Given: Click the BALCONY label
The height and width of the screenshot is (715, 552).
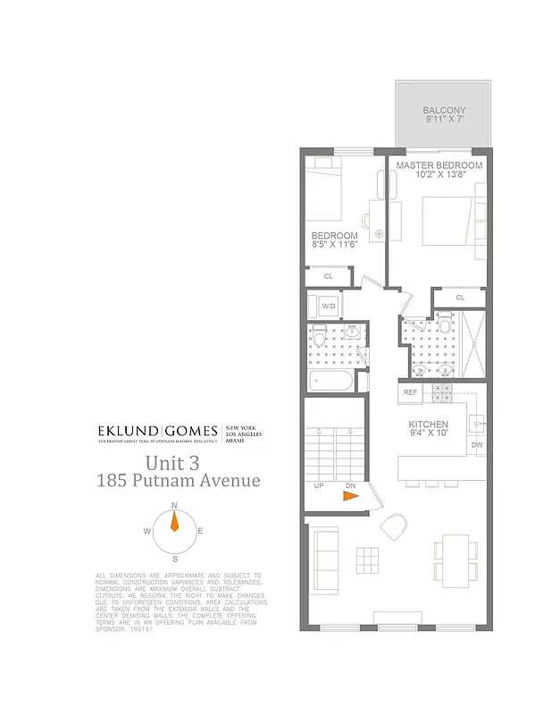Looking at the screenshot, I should point(444,111).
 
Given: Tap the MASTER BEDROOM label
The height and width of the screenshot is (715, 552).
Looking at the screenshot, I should point(439,165).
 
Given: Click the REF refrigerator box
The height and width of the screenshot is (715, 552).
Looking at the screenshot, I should point(410,392).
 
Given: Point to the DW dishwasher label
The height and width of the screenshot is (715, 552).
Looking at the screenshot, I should point(477,444).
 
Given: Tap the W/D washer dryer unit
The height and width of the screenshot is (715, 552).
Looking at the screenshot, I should point(328,306).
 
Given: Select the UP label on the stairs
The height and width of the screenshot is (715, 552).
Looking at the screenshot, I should point(319,487).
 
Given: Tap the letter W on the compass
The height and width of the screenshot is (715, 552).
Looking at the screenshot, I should point(146,531).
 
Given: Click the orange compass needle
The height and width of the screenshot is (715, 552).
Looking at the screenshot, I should point(174,524).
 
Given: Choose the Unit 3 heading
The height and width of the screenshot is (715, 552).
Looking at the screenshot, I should point(178,463).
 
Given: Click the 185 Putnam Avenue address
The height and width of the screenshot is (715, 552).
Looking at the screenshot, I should point(179,481).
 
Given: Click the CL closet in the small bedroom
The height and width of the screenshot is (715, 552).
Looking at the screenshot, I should point(328,276).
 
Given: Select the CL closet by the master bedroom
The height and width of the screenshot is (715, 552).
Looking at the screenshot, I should point(460,298).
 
